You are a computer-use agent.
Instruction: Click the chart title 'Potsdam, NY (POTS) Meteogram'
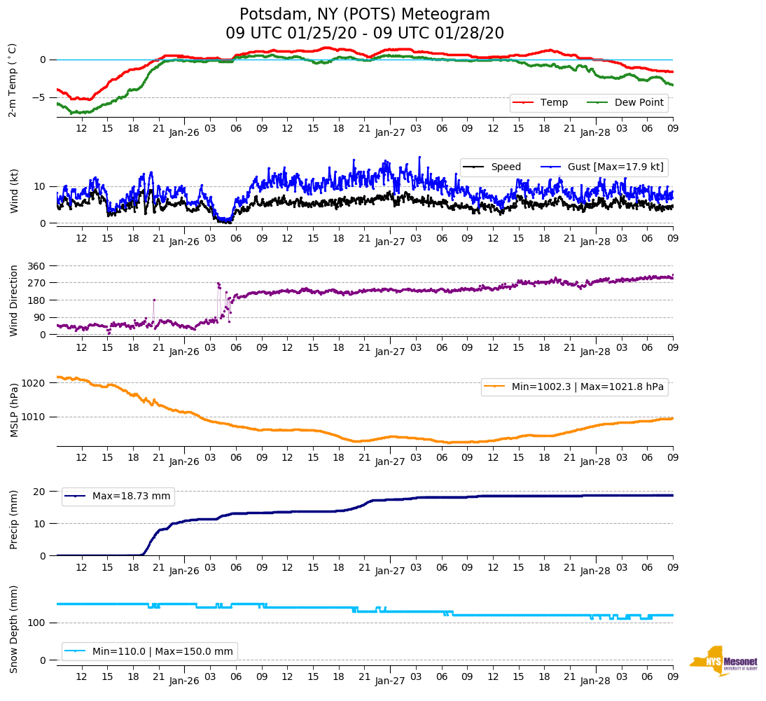(365, 15)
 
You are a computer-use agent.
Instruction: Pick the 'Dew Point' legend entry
(639, 103)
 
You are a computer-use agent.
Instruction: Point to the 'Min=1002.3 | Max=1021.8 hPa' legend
(574, 387)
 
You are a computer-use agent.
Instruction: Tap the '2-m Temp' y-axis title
(13, 79)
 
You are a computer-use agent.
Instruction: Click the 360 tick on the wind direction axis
(37, 266)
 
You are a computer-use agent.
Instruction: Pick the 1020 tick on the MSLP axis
(35, 383)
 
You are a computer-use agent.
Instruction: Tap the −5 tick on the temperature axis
(41, 97)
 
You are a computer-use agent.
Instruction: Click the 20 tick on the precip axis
(41, 492)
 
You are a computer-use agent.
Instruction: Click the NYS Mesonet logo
(724, 661)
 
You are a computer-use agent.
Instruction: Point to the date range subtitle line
(365, 34)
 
